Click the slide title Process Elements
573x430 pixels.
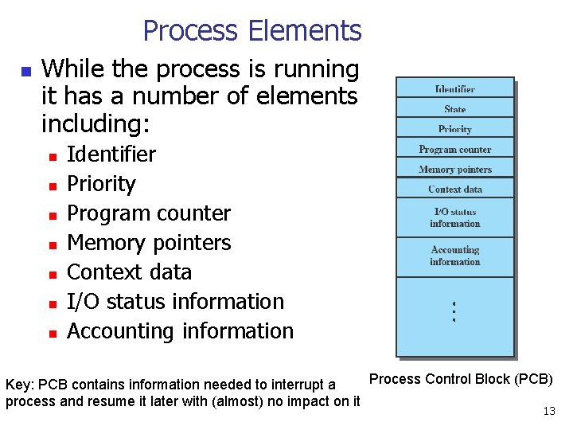[251, 31]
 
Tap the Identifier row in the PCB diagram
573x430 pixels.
[455, 88]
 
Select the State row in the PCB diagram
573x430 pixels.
[455, 109]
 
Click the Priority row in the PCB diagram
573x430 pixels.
[455, 129]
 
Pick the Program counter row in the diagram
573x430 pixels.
[455, 149]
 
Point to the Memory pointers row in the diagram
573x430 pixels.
[455, 169]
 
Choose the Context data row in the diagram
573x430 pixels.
[455, 189]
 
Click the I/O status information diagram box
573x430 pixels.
[455, 217]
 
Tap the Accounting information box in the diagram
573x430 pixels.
[455, 256]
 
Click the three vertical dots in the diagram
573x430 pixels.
[453, 311]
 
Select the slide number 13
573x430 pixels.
[548, 411]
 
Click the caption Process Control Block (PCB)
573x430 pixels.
[461, 379]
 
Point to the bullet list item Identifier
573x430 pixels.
[111, 154]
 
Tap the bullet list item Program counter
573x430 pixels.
[149, 213]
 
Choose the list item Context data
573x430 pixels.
[129, 272]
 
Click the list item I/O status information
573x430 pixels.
[175, 302]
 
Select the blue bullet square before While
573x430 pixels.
[25, 72]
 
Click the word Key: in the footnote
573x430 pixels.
[19, 385]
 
